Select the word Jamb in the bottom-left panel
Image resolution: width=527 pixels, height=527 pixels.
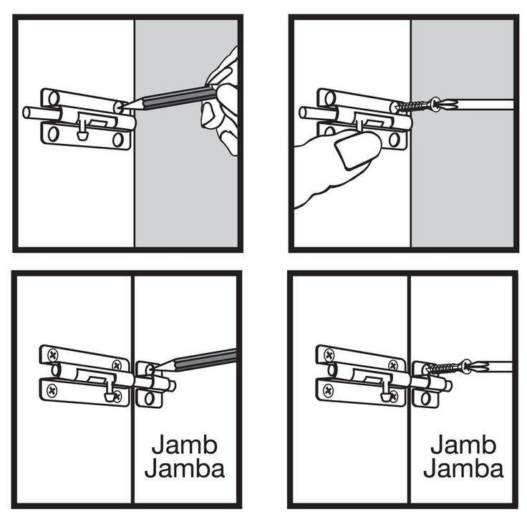point(185,445)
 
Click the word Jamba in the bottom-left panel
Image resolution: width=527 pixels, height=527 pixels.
point(185,468)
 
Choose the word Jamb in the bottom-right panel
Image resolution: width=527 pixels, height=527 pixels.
point(463,445)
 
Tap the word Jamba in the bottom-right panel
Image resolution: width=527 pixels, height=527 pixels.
point(463,468)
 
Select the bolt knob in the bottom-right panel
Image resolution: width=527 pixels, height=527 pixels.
point(385,397)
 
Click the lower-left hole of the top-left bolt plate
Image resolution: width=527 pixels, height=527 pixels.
point(53,134)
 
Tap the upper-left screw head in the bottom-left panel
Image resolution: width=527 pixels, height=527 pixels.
point(53,355)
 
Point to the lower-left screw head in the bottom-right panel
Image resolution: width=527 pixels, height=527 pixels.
point(329,390)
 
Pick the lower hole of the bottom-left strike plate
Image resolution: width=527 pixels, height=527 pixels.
point(149,399)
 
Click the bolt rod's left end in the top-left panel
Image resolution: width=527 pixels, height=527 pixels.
point(26,112)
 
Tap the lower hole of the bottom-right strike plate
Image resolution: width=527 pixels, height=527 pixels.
point(425,399)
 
